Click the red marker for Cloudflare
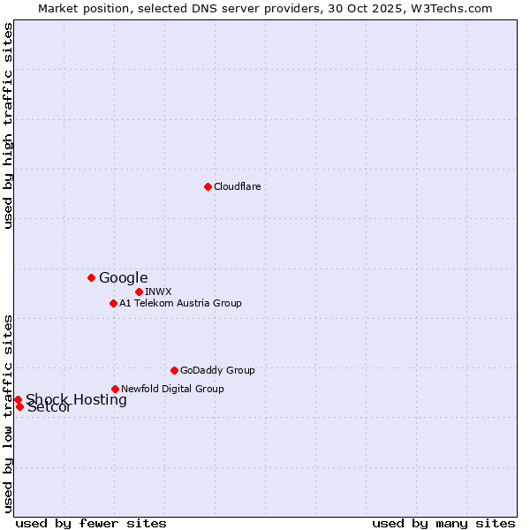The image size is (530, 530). coord(208,186)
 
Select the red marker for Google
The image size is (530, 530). coord(91,277)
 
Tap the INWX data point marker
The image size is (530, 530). coord(139,291)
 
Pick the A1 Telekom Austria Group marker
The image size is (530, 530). coord(113,303)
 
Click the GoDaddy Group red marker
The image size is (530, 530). coord(174,370)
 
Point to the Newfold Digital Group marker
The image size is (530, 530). coord(115,389)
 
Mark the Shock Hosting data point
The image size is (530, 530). coord(18,399)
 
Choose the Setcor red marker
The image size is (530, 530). coord(19,406)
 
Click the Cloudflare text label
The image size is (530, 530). coord(237,186)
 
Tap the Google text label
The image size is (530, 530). coord(123,277)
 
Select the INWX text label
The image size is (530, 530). coord(158,291)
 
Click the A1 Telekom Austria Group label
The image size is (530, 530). coord(180,303)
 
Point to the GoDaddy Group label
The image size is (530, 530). coord(217,370)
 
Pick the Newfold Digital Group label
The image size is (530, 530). coord(172,389)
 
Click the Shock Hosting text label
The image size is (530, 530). coord(76,399)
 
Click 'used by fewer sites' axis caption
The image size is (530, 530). coord(91,523)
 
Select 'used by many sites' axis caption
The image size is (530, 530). coord(443,523)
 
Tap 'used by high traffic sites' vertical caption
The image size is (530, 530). coord(8,125)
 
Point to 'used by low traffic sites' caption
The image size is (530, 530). coord(8,413)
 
